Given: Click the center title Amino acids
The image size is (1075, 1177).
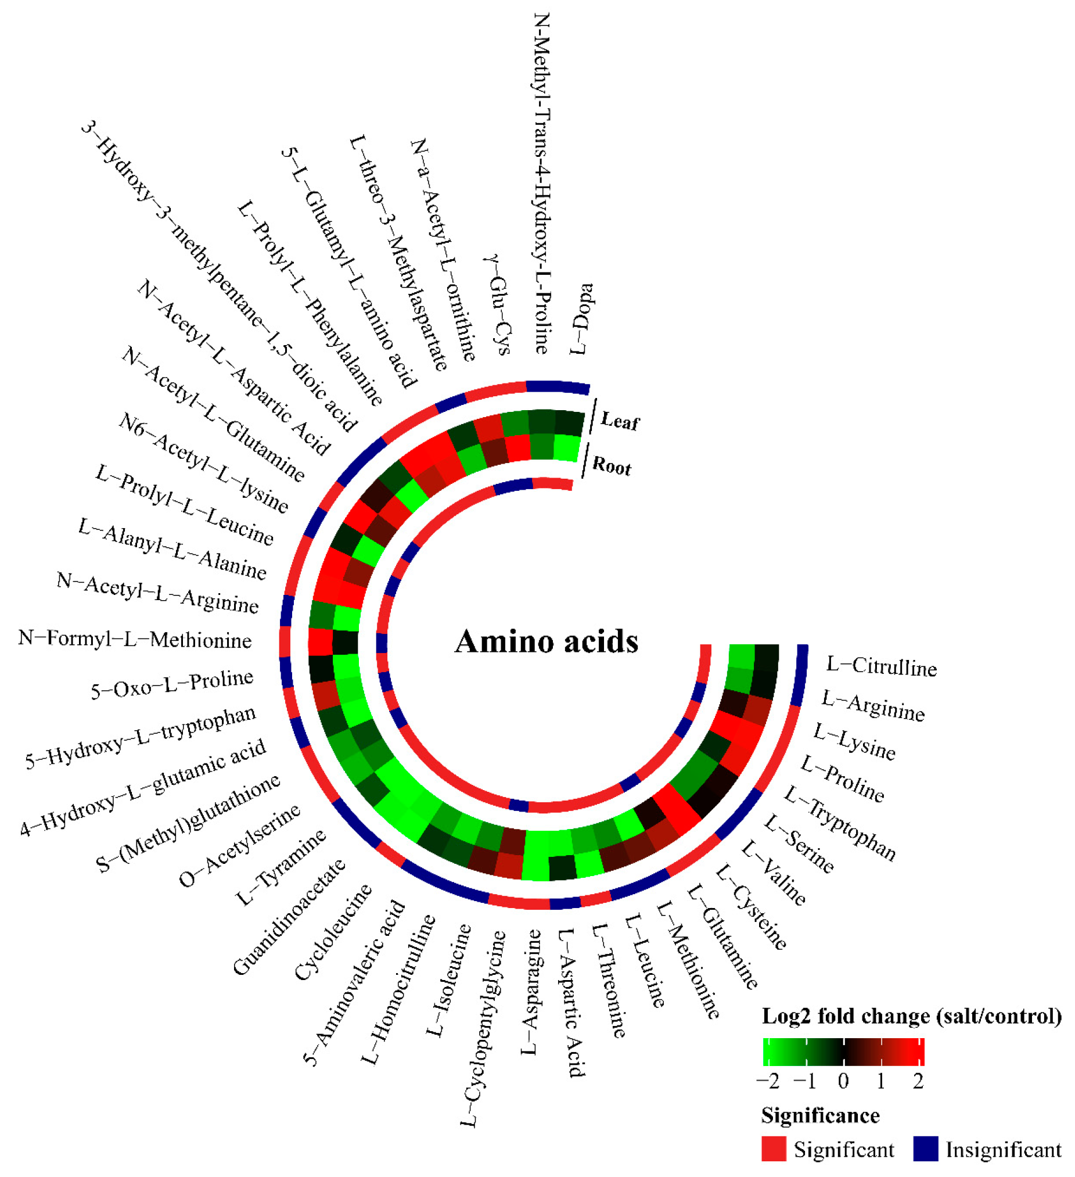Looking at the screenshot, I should [x=547, y=641].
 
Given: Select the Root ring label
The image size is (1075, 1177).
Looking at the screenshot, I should [x=611, y=467].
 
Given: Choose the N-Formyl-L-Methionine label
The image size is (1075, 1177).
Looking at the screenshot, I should [x=135, y=639].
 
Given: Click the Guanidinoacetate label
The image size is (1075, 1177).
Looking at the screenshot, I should [x=289, y=917].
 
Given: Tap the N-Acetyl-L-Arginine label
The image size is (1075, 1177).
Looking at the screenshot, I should [x=157, y=593].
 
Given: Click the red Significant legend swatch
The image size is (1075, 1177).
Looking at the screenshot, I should [x=774, y=1149].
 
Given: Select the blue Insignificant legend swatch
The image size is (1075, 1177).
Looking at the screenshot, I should [x=926, y=1149].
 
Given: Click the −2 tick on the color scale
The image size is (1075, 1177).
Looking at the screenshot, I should [x=767, y=1082].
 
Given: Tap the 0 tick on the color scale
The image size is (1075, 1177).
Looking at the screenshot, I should [x=843, y=1082].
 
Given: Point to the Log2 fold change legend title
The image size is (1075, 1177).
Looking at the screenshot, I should [x=912, y=1017].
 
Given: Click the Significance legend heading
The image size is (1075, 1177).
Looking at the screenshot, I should [x=821, y=1115].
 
